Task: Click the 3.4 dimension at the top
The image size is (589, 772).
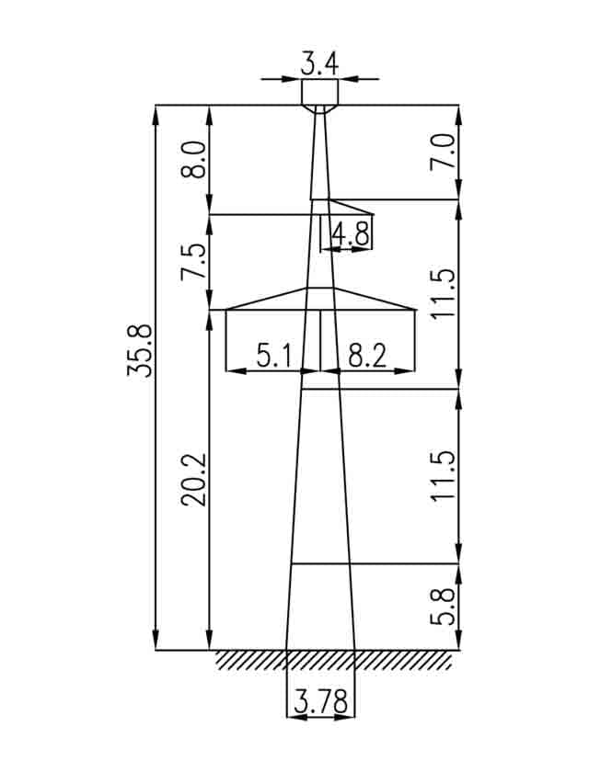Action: click(x=320, y=64)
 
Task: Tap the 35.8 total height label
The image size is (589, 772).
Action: click(x=140, y=351)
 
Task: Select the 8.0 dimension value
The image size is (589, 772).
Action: click(x=193, y=160)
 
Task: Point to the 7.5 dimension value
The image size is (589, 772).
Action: click(x=193, y=261)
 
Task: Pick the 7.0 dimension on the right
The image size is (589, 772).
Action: click(x=443, y=153)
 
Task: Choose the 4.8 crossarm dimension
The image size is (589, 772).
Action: click(x=351, y=233)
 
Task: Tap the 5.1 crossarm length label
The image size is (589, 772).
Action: click(x=275, y=356)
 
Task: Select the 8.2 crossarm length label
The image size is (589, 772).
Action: click(x=368, y=356)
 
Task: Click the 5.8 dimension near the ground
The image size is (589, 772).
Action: click(x=443, y=606)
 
